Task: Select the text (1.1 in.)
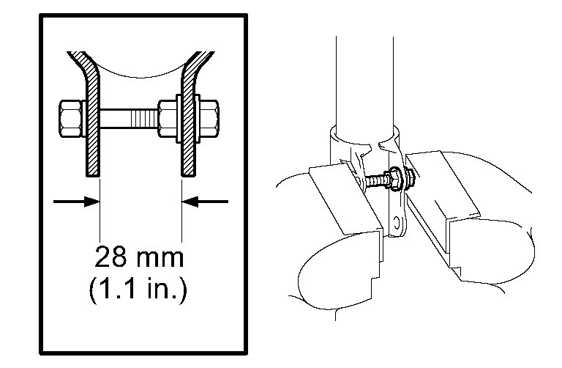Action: tap(138, 289)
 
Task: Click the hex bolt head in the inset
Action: tap(70, 117)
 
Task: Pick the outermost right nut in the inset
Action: tap(208, 117)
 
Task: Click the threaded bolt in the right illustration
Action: tap(376, 178)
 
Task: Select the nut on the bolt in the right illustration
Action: tap(408, 177)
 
